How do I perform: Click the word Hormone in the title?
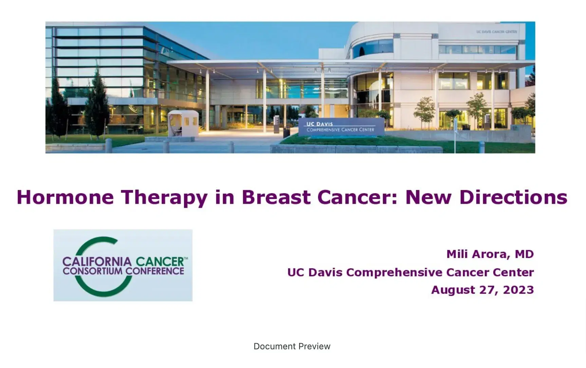(65, 197)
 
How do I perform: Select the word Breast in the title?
(276, 197)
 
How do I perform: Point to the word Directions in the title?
(513, 197)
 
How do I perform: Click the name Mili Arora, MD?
(490, 254)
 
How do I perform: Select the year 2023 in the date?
(518, 290)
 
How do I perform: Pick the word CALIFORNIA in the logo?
(97, 262)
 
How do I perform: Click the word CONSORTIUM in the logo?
(92, 271)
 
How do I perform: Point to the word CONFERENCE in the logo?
(155, 271)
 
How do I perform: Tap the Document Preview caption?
(292, 346)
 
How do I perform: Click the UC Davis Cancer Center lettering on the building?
(496, 32)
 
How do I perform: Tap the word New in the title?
(428, 197)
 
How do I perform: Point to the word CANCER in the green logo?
(160, 262)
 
